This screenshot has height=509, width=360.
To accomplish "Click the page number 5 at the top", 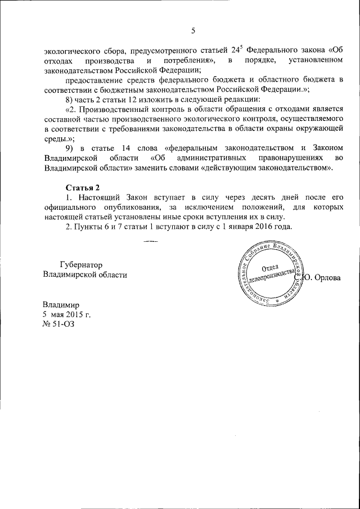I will click(193, 30).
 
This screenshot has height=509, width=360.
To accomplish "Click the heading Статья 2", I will click(83, 187).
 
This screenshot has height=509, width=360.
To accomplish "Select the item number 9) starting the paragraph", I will click(70, 147).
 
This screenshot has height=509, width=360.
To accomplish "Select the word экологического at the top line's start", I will click(71, 50).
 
